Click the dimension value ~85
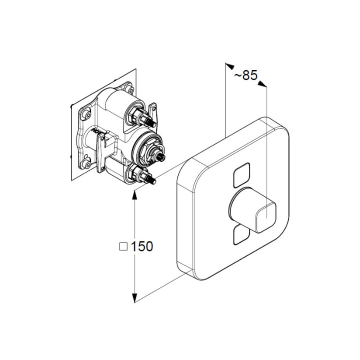pyautogui.click(x=245, y=75)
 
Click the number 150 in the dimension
pyautogui.click(x=141, y=246)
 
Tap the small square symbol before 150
pyautogui.click(x=123, y=246)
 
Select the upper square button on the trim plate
pyautogui.click(x=241, y=175)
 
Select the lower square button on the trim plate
pyautogui.click(x=241, y=235)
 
